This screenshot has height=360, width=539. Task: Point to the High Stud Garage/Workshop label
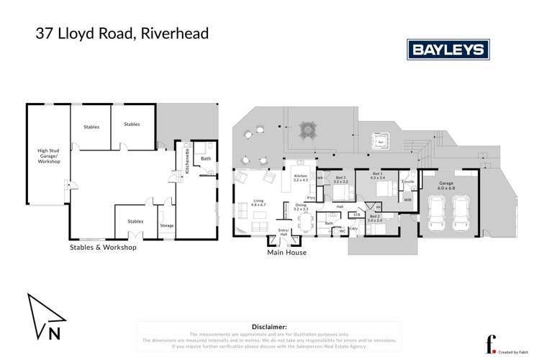click(x=49, y=156)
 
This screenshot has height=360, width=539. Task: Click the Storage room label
click(x=166, y=225)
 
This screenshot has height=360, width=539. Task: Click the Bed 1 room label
click(x=377, y=176)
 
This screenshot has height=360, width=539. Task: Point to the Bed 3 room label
click(x=340, y=180)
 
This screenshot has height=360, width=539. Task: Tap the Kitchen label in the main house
click(x=300, y=178)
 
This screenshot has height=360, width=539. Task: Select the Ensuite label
click(x=407, y=182)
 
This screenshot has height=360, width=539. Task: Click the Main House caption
click(x=287, y=253)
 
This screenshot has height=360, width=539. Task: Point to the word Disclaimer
click(x=269, y=326)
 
